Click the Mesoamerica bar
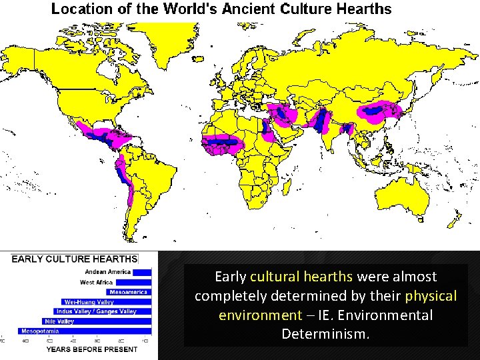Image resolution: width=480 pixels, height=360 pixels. tap(129, 292)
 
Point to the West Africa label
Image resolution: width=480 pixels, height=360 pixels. tap(97, 282)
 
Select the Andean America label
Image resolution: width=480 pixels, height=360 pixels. tap(107, 272)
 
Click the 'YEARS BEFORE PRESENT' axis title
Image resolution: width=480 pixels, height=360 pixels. tap(91, 349)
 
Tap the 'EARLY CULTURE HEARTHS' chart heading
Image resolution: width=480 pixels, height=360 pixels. tap(74, 259)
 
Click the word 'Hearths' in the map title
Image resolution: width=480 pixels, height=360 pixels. tap(361, 9)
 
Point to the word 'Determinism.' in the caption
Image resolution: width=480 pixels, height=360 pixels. tap(325, 333)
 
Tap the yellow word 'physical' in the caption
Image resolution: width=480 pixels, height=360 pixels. tap(431, 295)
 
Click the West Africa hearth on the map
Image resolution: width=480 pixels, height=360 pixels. tap(222, 142)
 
